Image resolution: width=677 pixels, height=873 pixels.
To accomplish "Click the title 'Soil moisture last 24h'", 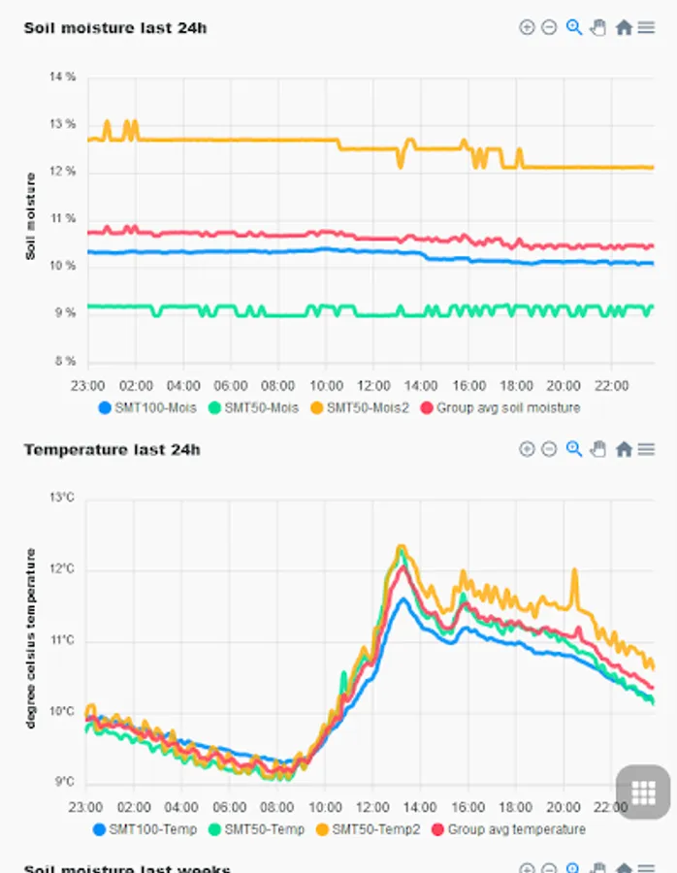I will point(114,27).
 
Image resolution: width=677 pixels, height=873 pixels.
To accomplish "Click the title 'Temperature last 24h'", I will point(112,449).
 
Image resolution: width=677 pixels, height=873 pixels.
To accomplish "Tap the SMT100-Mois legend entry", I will point(148,408).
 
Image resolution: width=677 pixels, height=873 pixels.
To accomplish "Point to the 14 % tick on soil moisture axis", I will point(62,77).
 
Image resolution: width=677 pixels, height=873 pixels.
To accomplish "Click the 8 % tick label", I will point(64,361).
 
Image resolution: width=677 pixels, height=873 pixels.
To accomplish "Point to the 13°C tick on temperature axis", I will point(62,498).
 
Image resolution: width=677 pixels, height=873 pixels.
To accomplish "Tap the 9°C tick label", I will point(64,783).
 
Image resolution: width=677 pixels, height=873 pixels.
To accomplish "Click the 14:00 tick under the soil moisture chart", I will point(421,385).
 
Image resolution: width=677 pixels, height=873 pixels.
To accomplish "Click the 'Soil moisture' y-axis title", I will point(30,217).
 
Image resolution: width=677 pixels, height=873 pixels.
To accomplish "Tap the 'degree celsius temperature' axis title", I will point(30,638).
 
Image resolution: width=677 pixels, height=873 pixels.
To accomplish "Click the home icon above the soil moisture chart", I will point(624,27).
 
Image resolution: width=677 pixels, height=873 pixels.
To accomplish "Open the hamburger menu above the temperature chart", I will point(646,449).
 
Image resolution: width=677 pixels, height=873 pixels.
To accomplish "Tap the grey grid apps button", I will point(644,792).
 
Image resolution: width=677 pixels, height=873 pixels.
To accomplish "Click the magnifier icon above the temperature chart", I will point(574,449).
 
